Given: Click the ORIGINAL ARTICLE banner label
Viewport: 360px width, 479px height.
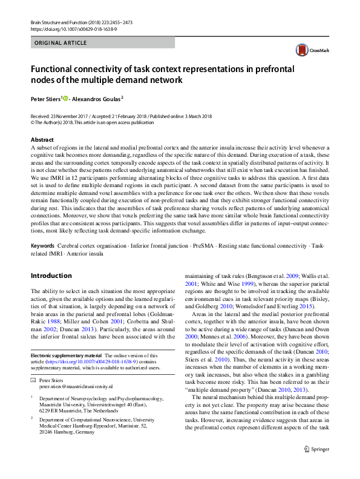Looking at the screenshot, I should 61,43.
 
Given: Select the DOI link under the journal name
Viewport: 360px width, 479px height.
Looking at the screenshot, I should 70,28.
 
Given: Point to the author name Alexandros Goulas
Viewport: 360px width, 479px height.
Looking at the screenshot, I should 96,98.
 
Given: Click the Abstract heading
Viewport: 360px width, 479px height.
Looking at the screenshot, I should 42,140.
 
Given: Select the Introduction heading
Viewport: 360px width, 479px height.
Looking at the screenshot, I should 51,276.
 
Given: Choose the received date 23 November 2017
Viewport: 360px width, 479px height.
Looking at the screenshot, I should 70,116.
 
